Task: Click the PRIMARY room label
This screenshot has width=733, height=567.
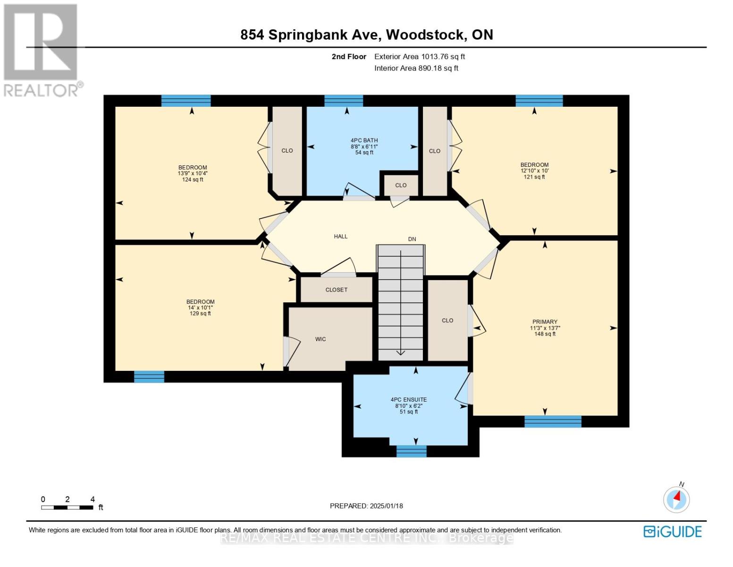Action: point(545,322)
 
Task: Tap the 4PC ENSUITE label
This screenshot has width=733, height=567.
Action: point(409,400)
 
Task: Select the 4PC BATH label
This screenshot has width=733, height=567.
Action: point(364,140)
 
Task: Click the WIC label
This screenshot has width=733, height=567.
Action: point(320,339)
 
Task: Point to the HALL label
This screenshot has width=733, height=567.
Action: point(340,236)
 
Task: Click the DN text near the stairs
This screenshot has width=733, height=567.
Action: point(412,239)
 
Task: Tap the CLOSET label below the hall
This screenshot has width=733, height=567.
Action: point(336,290)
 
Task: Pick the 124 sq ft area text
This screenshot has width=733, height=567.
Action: point(193,180)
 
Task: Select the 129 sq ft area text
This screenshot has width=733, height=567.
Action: point(200,314)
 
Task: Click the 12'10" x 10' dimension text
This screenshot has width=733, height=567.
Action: point(534,171)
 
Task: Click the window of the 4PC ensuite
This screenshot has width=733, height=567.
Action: point(411,451)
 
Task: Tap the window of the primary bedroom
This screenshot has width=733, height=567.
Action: point(553,421)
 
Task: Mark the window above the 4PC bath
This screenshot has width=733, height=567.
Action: point(344,101)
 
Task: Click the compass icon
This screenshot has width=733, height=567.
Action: point(676,499)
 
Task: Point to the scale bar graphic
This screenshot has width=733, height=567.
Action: point(67,507)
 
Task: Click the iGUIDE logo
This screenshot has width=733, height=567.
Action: point(673,532)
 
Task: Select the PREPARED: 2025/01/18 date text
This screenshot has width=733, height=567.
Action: point(366,506)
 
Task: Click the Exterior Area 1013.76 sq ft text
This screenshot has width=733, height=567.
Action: point(420,57)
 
